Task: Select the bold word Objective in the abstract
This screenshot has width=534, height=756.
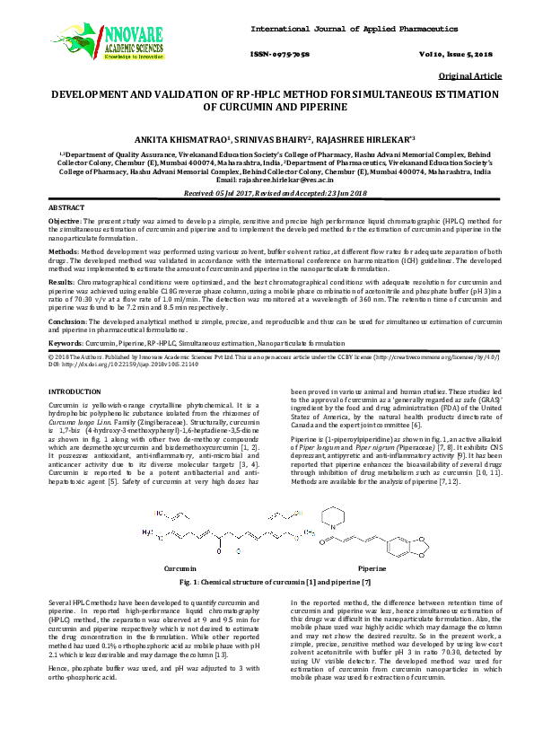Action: [64, 220]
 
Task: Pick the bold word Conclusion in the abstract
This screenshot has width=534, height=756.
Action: [66, 320]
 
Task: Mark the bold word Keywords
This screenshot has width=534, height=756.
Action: [65, 343]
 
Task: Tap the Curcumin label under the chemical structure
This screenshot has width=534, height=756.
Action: [179, 569]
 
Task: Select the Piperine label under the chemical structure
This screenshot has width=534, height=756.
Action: [372, 569]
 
